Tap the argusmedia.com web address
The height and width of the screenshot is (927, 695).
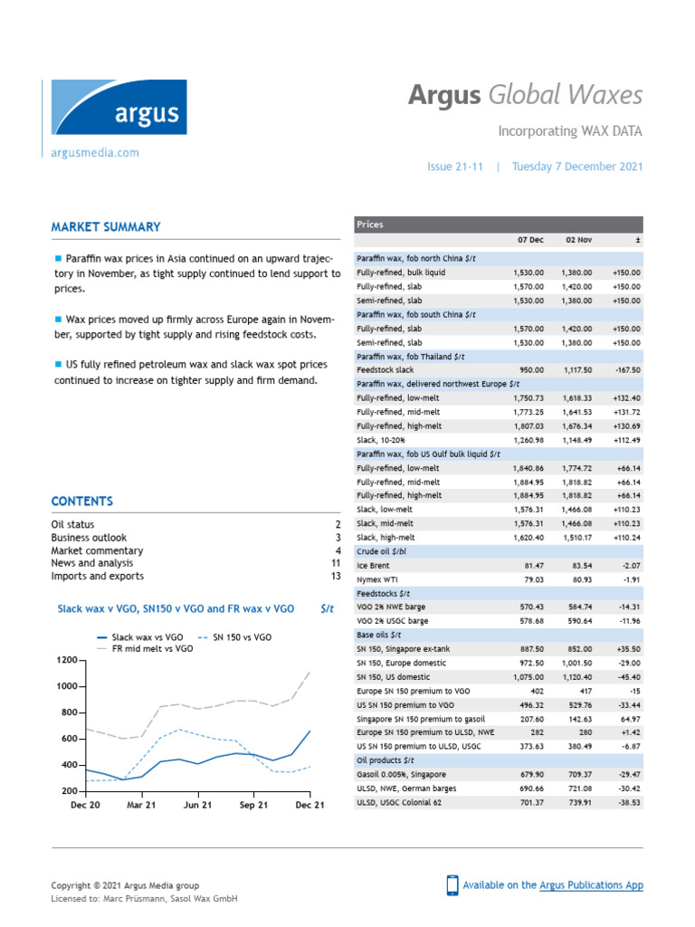(x=95, y=153)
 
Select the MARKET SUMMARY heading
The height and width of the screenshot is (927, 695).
(x=106, y=227)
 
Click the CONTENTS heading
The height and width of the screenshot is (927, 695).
(x=82, y=502)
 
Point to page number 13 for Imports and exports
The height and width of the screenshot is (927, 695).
(x=335, y=576)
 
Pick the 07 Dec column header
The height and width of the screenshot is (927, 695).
(x=530, y=239)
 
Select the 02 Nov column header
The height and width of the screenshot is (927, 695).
(x=578, y=239)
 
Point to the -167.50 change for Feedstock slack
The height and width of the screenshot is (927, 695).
(x=625, y=370)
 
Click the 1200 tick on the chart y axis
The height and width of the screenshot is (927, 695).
(x=67, y=660)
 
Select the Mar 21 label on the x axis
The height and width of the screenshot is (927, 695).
(x=142, y=805)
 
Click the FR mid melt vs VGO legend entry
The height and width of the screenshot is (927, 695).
(x=152, y=649)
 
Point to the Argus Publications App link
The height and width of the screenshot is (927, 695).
(x=591, y=885)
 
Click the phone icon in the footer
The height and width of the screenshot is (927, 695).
(x=452, y=885)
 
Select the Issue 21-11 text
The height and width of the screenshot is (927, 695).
(x=456, y=167)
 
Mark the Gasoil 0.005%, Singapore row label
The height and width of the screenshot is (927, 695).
(x=401, y=775)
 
